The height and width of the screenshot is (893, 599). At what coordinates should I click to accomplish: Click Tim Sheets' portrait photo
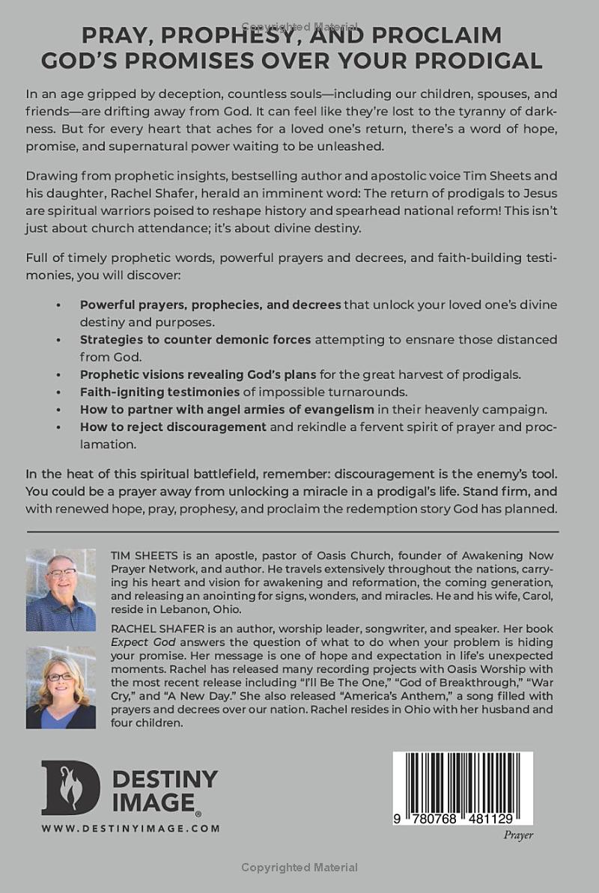[x=61, y=590]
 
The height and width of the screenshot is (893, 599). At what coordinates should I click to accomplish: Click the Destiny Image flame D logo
[x=70, y=787]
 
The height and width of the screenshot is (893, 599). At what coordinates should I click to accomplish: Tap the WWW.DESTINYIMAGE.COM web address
[x=131, y=828]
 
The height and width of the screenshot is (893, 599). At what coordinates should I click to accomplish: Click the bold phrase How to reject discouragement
[x=173, y=427]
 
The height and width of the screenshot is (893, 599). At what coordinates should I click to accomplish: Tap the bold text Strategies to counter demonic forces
[x=195, y=339]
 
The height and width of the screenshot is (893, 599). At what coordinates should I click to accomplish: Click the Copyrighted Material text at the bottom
[x=299, y=868]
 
